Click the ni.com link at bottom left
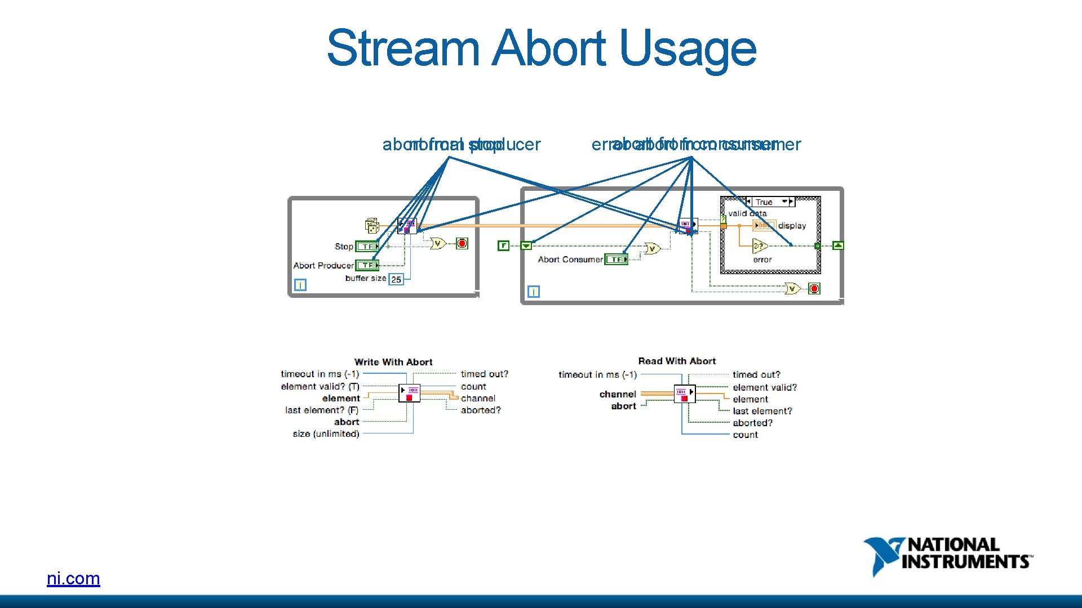coord(73,578)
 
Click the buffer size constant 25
coord(396,279)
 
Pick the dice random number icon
coord(372,226)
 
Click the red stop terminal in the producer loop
coord(462,243)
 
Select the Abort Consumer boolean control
coord(616,260)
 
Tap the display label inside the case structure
coord(792,226)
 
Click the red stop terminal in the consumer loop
coord(814,289)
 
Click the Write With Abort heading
coord(393,362)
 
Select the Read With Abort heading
coord(677,361)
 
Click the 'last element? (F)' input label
coord(322,410)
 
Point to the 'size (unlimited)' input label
coord(326,433)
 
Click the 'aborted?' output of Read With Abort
coord(752,423)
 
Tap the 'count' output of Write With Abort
coord(473,386)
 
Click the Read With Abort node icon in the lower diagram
coord(685,394)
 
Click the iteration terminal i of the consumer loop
coord(533,292)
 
